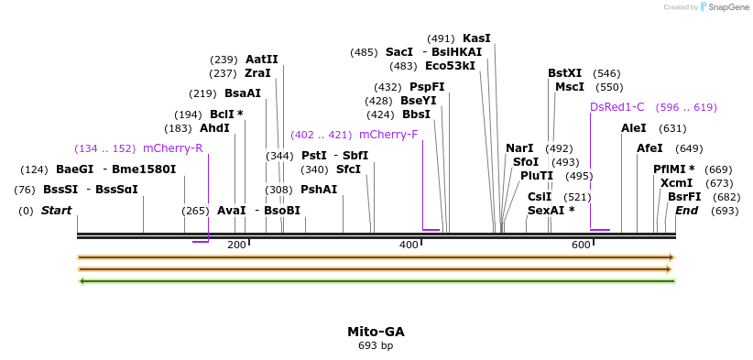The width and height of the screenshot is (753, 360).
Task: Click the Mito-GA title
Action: pyautogui.click(x=376, y=332)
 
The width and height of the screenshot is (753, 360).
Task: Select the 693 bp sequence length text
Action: pyautogui.click(x=376, y=346)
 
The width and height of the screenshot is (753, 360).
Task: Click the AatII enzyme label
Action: pyautogui.click(x=261, y=60)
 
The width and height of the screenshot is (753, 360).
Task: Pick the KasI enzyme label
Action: pyautogui.click(x=476, y=38)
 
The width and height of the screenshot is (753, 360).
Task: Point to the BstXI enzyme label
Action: pyautogui.click(x=564, y=73)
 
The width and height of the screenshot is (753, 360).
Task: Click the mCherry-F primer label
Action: pyautogui.click(x=388, y=135)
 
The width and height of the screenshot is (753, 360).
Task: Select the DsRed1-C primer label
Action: pyautogui.click(x=617, y=107)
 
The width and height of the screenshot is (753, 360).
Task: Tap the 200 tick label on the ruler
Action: pyautogui.click(x=236, y=245)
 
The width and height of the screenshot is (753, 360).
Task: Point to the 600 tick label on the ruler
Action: pyautogui.click(x=581, y=245)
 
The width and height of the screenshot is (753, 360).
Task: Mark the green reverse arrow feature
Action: pyautogui.click(x=376, y=281)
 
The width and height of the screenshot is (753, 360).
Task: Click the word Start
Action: pyautogui.click(x=56, y=211)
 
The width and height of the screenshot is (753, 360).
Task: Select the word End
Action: pyautogui.click(x=686, y=211)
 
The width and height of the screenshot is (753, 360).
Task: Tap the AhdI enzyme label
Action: pyautogui.click(x=214, y=128)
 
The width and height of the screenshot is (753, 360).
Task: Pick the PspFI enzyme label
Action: pyautogui.click(x=427, y=87)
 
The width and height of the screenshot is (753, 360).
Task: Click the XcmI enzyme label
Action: pyautogui.click(x=676, y=183)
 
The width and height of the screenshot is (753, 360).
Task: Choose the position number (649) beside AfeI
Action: pyautogui.click(x=689, y=148)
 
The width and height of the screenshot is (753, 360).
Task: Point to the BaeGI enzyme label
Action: pyautogui.click(x=74, y=169)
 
